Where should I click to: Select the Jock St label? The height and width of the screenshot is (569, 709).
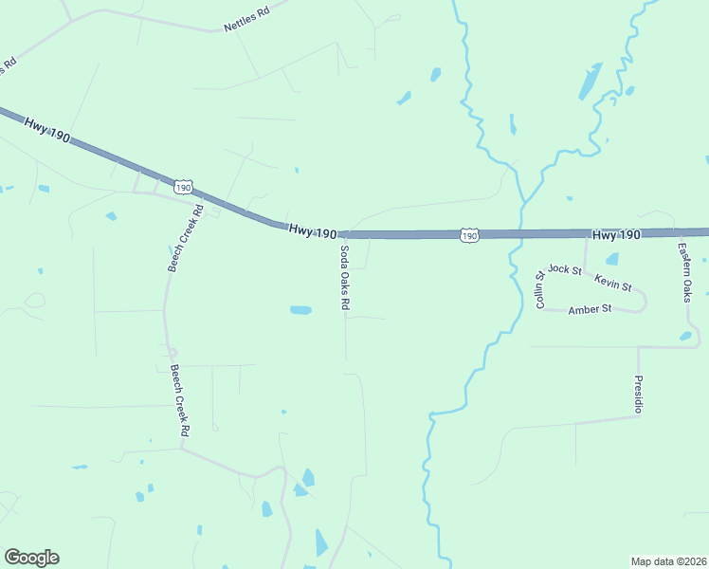pos(564,269)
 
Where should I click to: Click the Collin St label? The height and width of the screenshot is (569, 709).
pos(540,290)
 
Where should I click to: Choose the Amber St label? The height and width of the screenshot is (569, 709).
pos(590,309)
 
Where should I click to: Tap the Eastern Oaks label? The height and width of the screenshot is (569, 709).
pos(685,273)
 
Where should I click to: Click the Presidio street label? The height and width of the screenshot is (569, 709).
pos(638,394)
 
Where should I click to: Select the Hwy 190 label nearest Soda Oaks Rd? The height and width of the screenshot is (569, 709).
pos(313,230)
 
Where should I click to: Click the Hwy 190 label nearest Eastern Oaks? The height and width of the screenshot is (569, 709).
pos(617,234)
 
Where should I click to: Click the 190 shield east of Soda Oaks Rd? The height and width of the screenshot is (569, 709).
pos(468,234)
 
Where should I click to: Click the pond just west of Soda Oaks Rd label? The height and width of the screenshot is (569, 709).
pos(300,310)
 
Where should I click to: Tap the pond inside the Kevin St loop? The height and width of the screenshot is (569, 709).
pos(611,259)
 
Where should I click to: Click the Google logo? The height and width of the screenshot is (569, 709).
pos(31,558)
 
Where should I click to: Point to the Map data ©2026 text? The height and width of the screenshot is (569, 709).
pos(668,560)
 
